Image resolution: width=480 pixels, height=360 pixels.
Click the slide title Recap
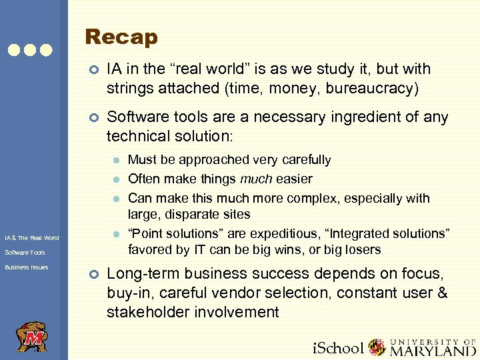click(x=121, y=37)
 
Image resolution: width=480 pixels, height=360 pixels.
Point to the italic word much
click(x=257, y=179)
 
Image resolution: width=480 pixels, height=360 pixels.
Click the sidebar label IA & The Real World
click(x=31, y=237)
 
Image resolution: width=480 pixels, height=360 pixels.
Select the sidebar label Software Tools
click(x=25, y=253)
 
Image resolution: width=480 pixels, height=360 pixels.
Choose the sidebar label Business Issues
click(x=26, y=267)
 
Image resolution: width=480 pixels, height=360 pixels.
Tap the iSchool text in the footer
click(x=339, y=348)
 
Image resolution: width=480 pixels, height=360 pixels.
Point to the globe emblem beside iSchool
click(x=377, y=347)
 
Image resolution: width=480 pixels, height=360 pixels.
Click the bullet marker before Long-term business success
click(x=94, y=274)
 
